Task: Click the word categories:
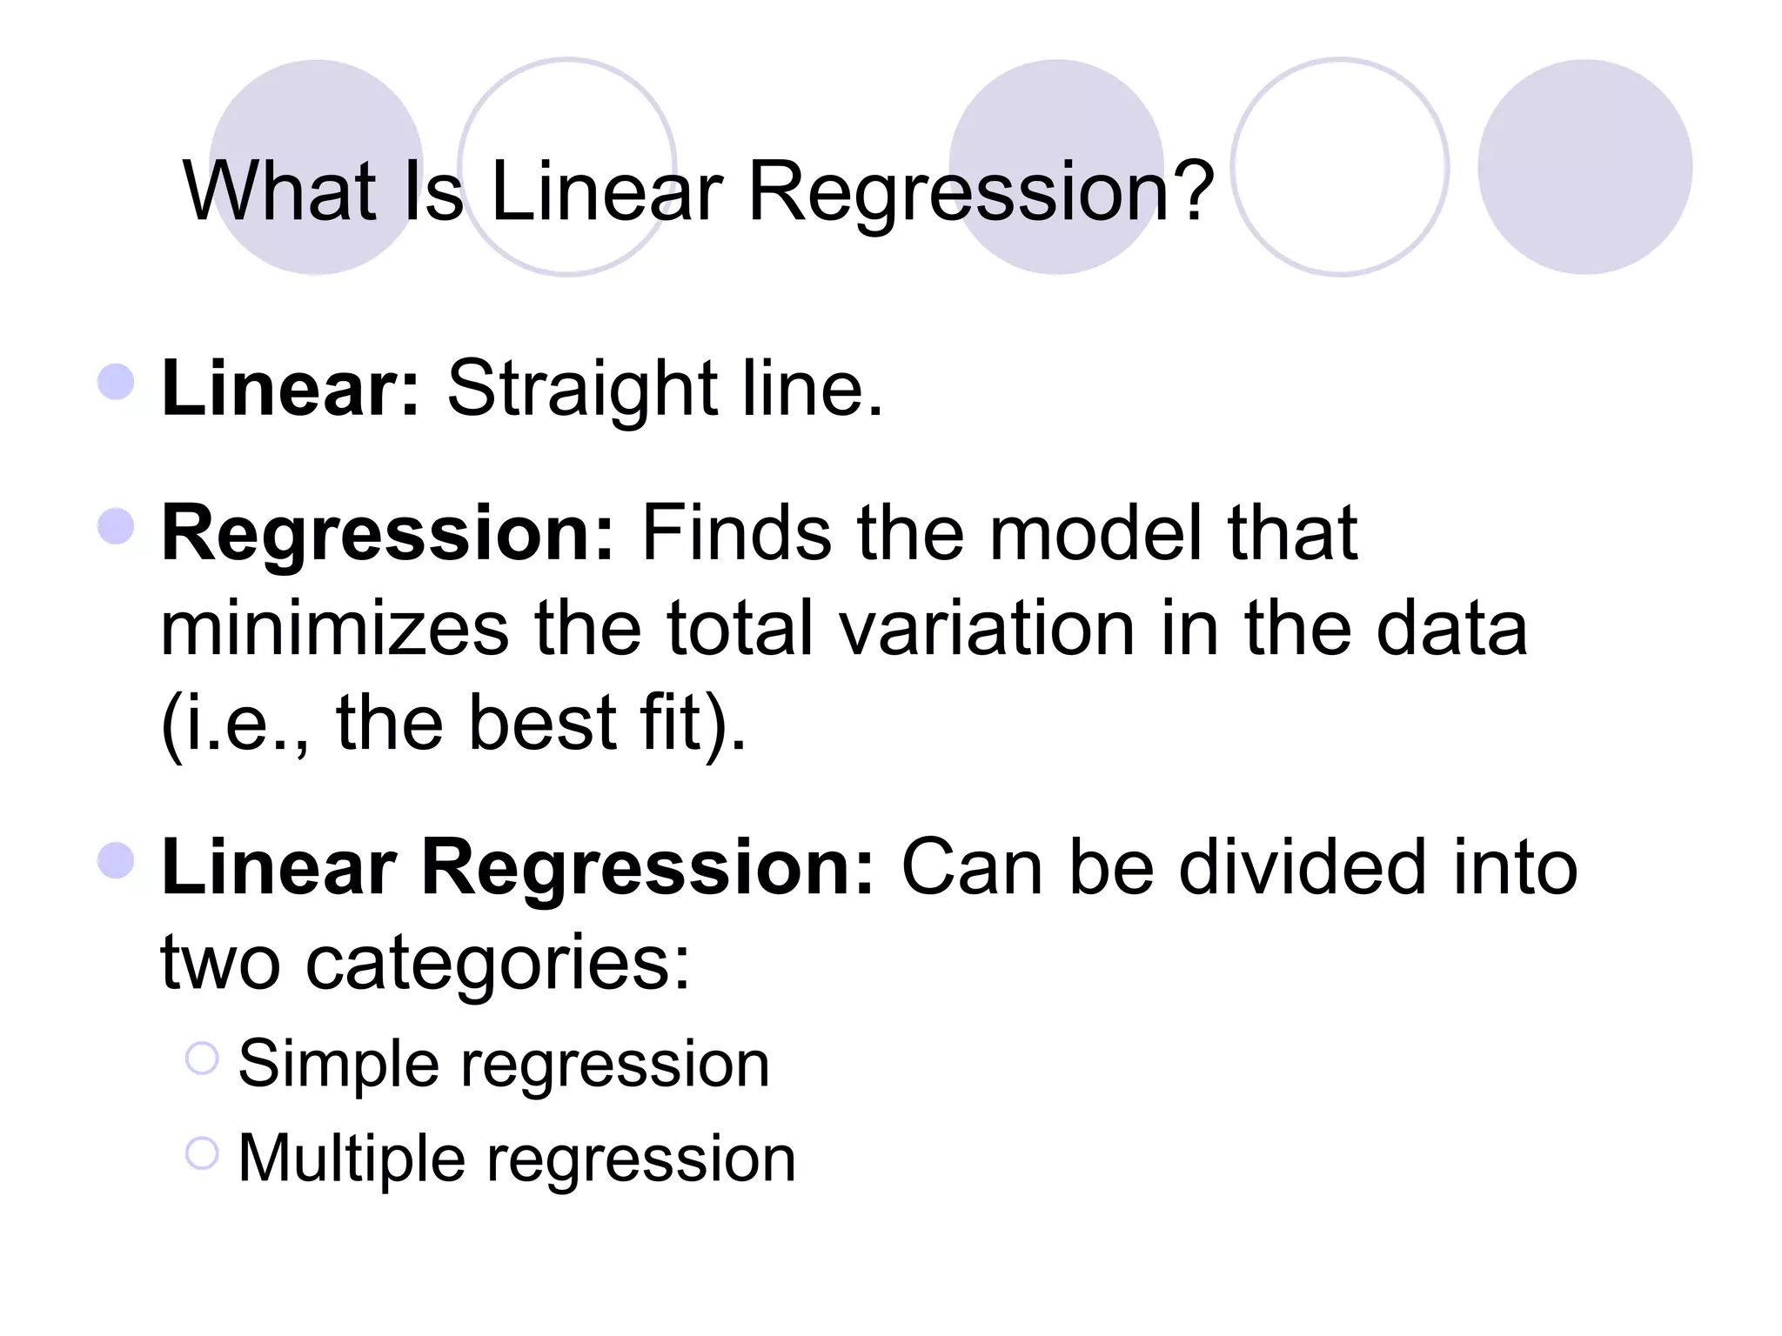498,963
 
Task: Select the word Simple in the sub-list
338,1064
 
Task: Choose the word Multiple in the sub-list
352,1159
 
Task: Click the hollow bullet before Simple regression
202,1058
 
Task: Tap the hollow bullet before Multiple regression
202,1153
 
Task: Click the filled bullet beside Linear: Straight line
117,382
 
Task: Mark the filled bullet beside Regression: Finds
117,526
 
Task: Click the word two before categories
221,963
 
